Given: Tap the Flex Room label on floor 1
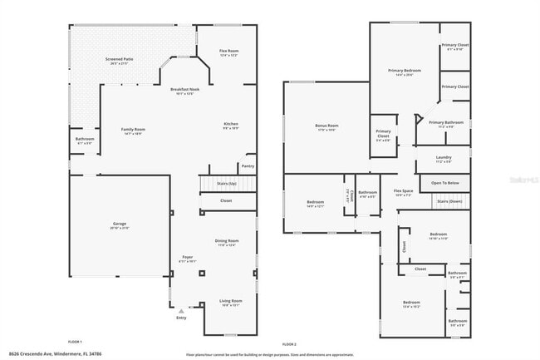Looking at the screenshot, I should [229, 51].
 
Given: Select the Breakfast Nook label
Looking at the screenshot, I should [184, 89].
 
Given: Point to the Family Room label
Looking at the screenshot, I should [133, 129].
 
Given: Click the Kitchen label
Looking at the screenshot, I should [231, 124].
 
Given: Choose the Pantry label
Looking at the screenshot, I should [248, 165].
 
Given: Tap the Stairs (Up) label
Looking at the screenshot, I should [227, 182].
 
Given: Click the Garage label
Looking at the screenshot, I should [120, 224].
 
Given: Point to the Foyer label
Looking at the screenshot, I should [188, 258].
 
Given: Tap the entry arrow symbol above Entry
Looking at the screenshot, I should [181, 310].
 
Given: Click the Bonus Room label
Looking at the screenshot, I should [326, 126].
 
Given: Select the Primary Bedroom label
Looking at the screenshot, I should [405, 71].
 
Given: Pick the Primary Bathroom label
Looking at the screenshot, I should [446, 123].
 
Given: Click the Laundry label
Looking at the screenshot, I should [444, 157].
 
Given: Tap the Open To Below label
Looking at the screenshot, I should [445, 183].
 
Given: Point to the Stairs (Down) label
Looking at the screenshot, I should [449, 201].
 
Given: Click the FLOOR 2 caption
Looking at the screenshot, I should [289, 343].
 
